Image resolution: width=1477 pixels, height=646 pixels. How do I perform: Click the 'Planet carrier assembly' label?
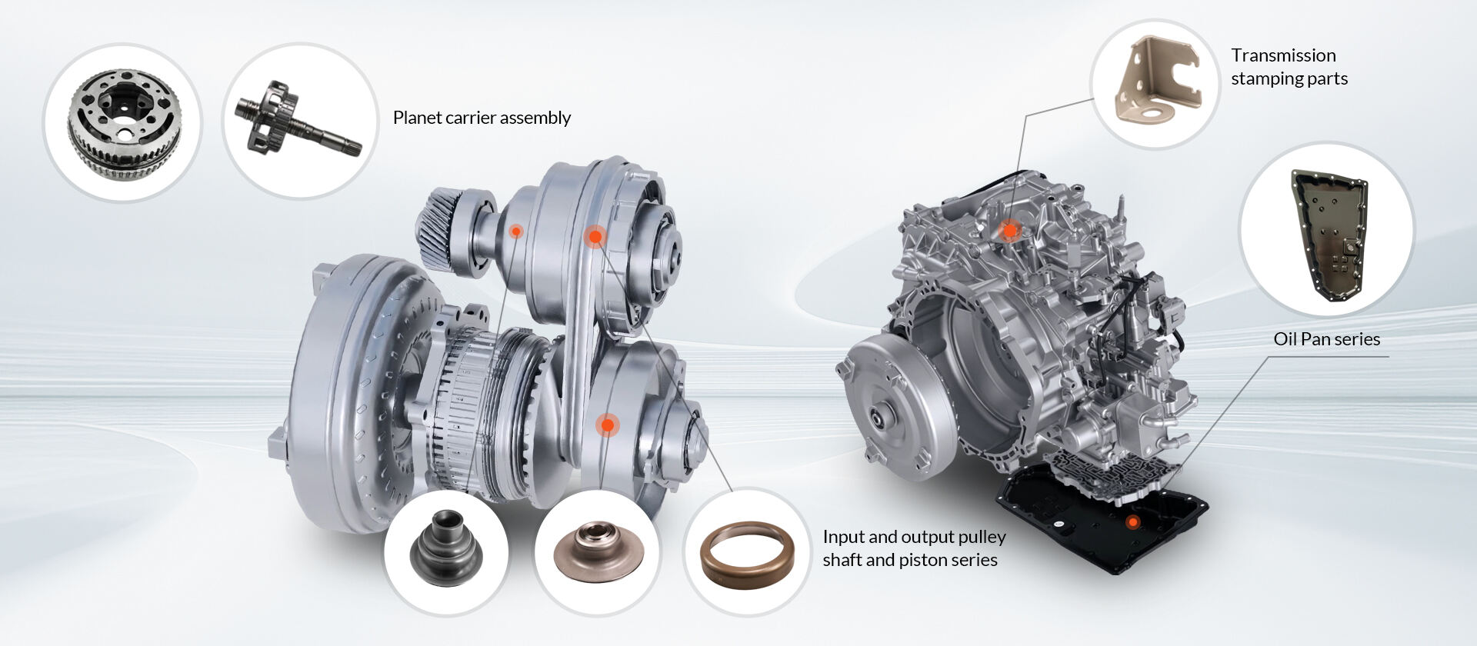coord(482,118)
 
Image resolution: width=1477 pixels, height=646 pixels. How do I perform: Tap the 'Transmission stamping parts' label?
coord(1289,67)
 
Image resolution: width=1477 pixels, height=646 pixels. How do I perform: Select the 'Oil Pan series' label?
coord(1327,339)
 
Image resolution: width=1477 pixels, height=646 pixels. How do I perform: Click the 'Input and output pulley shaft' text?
coord(915,536)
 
